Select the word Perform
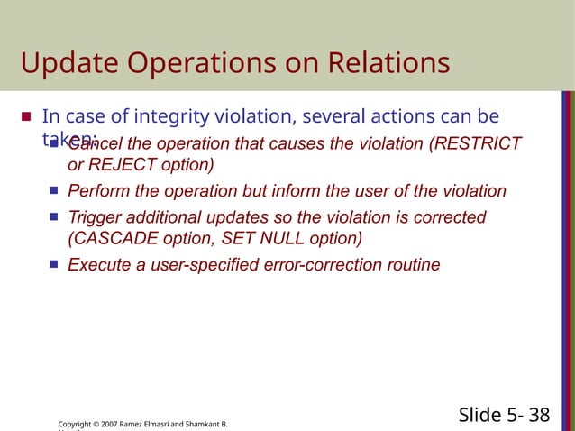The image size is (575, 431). click(100, 191)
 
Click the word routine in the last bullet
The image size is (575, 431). click(411, 265)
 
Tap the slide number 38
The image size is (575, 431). click(540, 415)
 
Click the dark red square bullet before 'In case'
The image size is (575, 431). click(26, 117)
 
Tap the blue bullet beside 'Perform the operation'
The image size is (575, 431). click(54, 191)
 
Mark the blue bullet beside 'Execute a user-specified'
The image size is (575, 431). click(54, 265)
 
